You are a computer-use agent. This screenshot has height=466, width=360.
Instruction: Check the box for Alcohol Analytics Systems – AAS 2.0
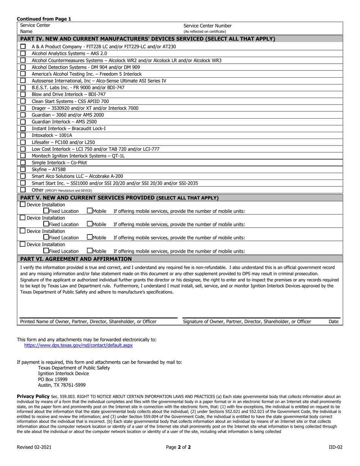(23, 53)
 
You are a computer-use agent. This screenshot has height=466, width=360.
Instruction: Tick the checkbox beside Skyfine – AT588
(23, 169)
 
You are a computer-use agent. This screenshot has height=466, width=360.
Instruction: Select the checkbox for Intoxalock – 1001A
(23, 135)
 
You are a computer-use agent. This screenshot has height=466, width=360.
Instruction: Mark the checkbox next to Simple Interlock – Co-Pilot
(23, 163)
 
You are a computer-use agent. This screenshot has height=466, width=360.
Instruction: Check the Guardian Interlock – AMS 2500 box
(23, 122)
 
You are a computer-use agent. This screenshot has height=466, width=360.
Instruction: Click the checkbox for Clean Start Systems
(23, 101)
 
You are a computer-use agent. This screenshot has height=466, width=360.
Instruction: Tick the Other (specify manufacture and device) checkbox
(23, 190)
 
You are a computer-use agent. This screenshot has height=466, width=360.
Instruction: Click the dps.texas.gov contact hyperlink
(78, 346)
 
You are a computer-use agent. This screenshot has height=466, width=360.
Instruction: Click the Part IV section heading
(147, 39)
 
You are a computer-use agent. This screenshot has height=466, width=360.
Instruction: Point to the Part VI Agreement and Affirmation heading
(76, 259)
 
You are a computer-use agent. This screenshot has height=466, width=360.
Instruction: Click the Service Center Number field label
(207, 26)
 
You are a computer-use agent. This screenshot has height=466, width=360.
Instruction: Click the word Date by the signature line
(333, 322)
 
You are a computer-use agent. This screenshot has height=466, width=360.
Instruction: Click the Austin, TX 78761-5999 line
(62, 385)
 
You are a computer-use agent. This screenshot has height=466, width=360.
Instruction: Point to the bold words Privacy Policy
(33, 396)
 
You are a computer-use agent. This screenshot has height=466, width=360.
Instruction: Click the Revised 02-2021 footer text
(34, 447)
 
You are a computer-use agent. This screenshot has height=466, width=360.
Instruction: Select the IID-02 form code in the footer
(335, 447)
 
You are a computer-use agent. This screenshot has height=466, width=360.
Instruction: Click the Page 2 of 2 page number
(178, 447)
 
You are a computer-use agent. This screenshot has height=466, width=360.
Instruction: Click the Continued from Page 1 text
(44, 19)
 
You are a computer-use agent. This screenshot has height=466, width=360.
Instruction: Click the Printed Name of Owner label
(88, 322)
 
